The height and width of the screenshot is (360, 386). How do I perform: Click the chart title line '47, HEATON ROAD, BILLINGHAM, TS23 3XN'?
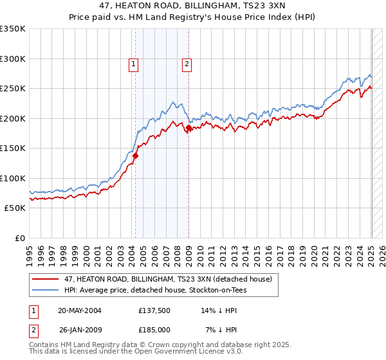click(x=192, y=5)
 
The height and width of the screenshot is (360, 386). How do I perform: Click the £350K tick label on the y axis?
click(x=13, y=29)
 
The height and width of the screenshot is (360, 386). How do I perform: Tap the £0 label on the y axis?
click(x=19, y=238)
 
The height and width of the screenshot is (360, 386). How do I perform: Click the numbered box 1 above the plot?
click(x=133, y=64)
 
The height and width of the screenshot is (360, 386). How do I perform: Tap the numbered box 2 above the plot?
click(x=187, y=64)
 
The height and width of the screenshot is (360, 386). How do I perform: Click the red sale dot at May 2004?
click(x=136, y=156)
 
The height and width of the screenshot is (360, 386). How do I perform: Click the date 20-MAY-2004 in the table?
click(x=80, y=310)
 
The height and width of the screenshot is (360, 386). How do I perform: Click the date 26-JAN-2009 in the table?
click(x=80, y=330)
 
